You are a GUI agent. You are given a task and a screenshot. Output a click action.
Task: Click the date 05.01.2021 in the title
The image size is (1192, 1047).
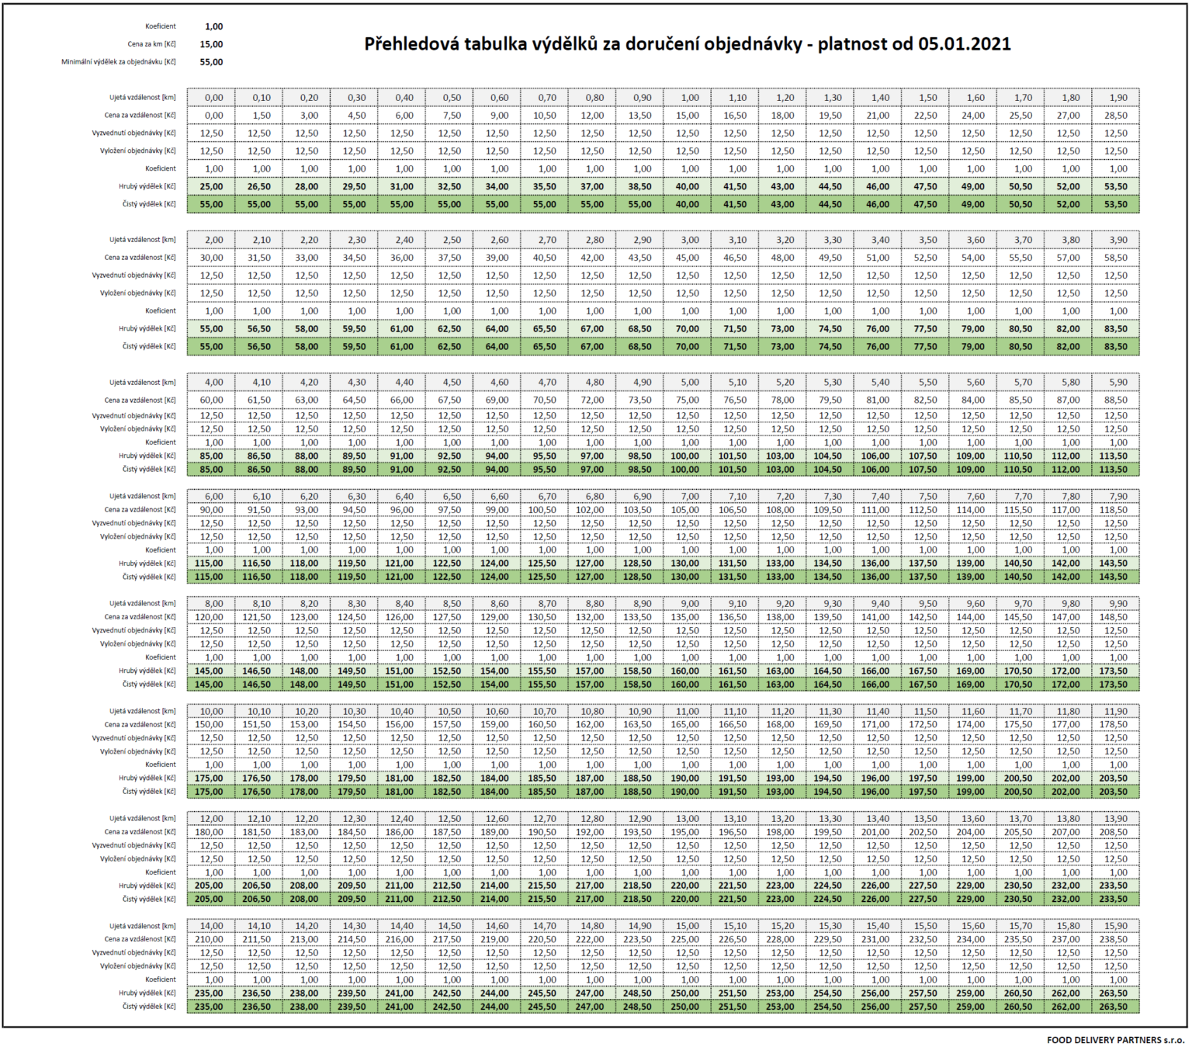coord(964,44)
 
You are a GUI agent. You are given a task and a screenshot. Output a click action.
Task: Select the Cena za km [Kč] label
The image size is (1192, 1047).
coord(152,44)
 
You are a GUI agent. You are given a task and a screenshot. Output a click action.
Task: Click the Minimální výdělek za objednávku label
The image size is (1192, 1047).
coord(118,62)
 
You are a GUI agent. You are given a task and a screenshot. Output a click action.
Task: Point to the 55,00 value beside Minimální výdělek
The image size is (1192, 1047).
coord(211,62)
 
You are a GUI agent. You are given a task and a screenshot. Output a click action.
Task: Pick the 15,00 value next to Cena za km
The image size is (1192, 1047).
coord(211,44)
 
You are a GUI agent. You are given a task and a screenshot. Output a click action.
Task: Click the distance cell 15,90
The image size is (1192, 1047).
coord(1115,926)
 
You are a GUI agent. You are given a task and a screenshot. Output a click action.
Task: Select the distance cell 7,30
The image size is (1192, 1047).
coord(830,496)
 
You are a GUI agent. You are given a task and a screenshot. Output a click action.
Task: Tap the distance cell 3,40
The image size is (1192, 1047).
coord(878,240)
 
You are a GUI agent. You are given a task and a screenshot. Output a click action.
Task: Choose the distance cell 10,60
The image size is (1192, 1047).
coord(497,711)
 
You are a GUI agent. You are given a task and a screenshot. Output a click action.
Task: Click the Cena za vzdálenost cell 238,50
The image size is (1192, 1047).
coord(1115,939)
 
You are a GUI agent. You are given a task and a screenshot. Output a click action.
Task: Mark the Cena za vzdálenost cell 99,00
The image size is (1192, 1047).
coord(497,510)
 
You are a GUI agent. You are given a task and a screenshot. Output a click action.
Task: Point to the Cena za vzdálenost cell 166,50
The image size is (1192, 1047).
coord(735,724)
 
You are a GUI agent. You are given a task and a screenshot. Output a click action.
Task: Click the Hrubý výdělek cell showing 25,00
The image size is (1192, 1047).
coord(211,186)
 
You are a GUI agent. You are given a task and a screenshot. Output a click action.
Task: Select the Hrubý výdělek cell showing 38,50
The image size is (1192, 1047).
coord(639,186)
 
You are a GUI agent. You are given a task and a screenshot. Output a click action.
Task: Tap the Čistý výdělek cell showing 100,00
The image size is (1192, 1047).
coord(688,470)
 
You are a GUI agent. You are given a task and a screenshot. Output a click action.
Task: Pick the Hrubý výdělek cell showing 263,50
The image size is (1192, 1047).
coord(1115,993)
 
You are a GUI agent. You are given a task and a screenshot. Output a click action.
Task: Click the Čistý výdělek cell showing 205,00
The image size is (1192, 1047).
coord(211,900)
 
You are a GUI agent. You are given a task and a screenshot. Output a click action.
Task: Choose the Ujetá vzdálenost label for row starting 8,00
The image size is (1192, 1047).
coord(143,603)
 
